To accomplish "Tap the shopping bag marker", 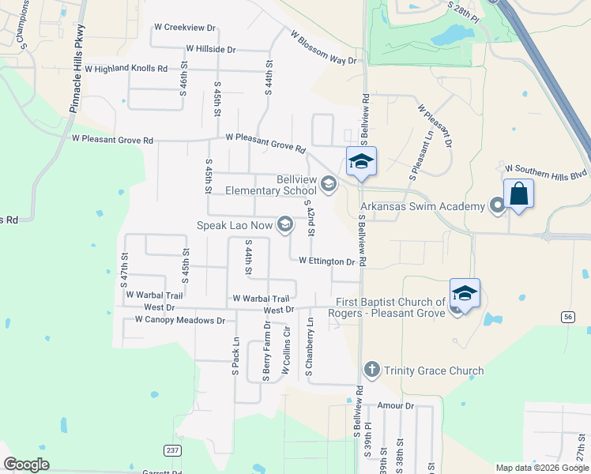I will pos(518,194).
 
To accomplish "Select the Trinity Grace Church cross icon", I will pos(372,370).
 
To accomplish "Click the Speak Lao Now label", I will pos(234,226).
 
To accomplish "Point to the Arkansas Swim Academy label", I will pos(422,207).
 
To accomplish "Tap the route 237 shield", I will pos(172,450).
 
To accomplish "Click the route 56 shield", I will pos(568,316).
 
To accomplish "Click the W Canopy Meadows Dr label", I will pos(179,320).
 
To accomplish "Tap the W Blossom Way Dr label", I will pos(324,48).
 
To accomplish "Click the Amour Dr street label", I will pos(395,406).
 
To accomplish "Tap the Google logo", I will pos(26,465).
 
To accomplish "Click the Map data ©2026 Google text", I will pos(542,468).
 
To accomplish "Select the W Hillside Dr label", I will pos(210,49).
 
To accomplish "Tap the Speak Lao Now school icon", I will pos(284,226).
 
